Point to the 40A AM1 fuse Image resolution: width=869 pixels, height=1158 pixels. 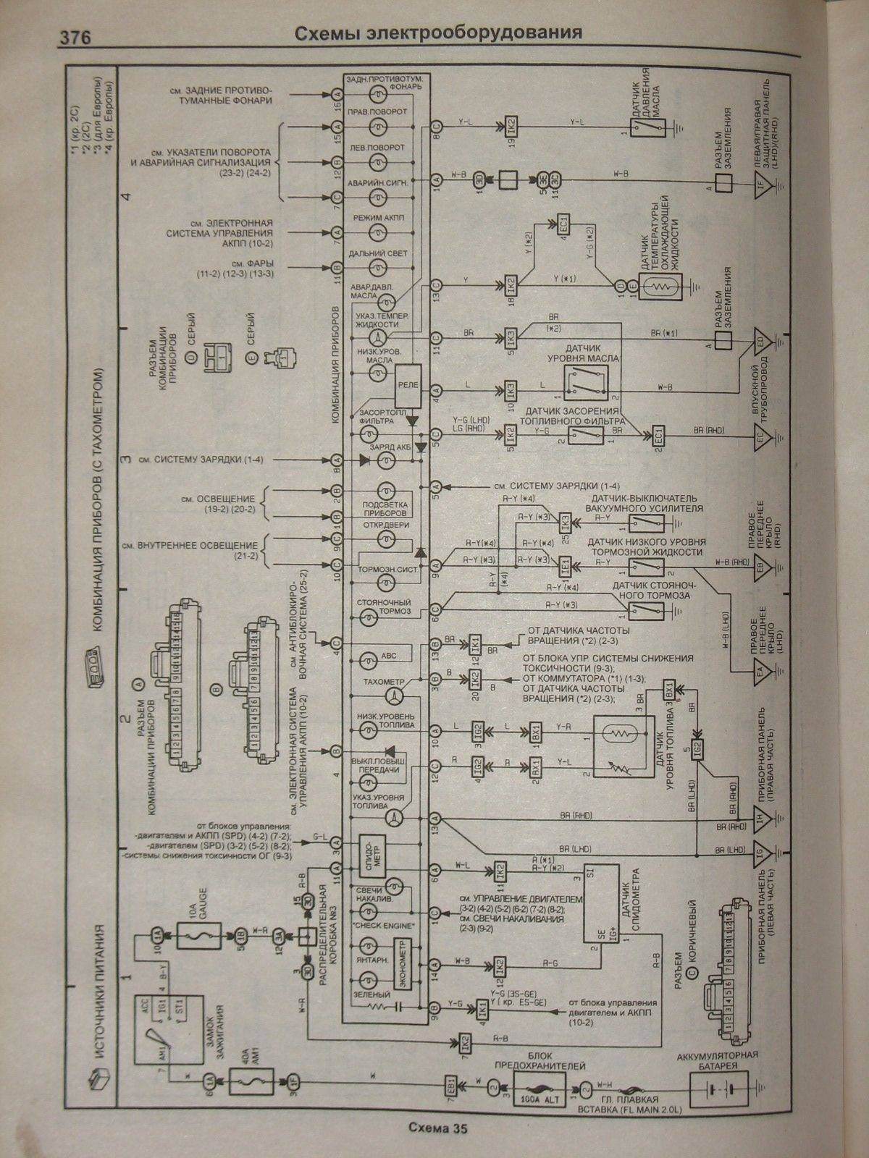248,1083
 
